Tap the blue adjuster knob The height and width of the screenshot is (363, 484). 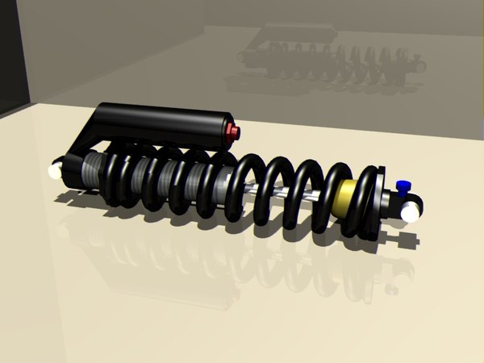coord(403,186)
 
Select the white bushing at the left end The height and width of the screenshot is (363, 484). coord(56,170)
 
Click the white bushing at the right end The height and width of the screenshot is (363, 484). coord(411,211)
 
